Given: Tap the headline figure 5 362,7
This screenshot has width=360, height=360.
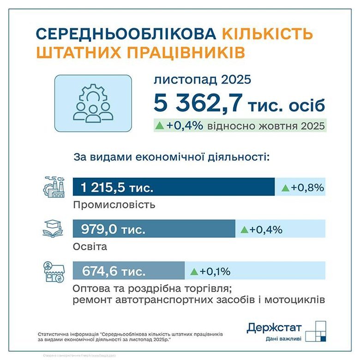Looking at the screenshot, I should pyautogui.click(x=198, y=104).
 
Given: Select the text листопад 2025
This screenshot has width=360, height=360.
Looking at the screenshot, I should pyautogui.click(x=202, y=80).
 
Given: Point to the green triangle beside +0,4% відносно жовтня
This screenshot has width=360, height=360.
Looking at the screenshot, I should pyautogui.click(x=160, y=125).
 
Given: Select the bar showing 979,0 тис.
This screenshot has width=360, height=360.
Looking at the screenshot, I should pyautogui.click(x=154, y=229).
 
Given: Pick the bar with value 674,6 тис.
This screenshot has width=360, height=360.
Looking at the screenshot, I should pyautogui.click(x=129, y=271).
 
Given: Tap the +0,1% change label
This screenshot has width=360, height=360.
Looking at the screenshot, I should pyautogui.click(x=210, y=271).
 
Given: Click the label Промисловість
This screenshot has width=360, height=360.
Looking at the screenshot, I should pyautogui.click(x=114, y=204).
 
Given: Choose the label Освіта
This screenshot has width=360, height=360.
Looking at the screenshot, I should pyautogui.click(x=90, y=246).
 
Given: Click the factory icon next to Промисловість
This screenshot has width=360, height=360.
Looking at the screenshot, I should pyautogui.click(x=54, y=187).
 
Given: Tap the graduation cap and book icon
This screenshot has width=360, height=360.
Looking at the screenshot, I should pyautogui.click(x=54, y=228).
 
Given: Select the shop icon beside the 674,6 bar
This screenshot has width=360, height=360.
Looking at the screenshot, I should pyautogui.click(x=54, y=271).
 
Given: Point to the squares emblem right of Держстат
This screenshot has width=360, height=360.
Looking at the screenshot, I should pyautogui.click(x=317, y=331).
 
